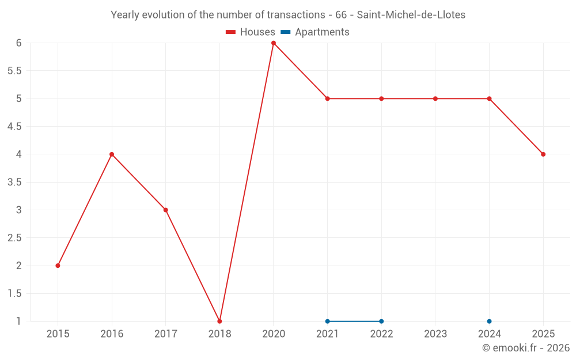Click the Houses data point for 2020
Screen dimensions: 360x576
pyautogui.click(x=274, y=43)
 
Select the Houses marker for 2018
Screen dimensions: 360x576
pyautogui.click(x=219, y=321)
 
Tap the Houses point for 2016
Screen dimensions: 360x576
pyautogui.click(x=112, y=154)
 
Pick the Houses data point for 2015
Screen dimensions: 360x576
pyautogui.click(x=58, y=266)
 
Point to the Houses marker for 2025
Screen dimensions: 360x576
pyautogui.click(x=543, y=154)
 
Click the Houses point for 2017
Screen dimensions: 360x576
pyautogui.click(x=166, y=210)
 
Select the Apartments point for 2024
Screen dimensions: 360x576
pyautogui.click(x=489, y=321)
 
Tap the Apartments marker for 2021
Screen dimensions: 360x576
pyautogui.click(x=327, y=321)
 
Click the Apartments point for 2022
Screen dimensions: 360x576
pyautogui.click(x=381, y=321)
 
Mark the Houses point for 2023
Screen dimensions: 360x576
pyautogui.click(x=435, y=98)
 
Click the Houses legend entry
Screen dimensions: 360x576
pyautogui.click(x=251, y=32)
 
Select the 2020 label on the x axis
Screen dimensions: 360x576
pyautogui.click(x=274, y=334)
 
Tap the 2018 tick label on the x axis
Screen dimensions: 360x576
pyautogui.click(x=219, y=334)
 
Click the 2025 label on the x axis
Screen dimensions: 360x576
pyautogui.click(x=543, y=334)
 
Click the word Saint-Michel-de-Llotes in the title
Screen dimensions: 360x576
pyautogui.click(x=411, y=15)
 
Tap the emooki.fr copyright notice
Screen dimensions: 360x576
pyautogui.click(x=526, y=348)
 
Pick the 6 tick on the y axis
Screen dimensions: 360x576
pyautogui.click(x=19, y=43)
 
